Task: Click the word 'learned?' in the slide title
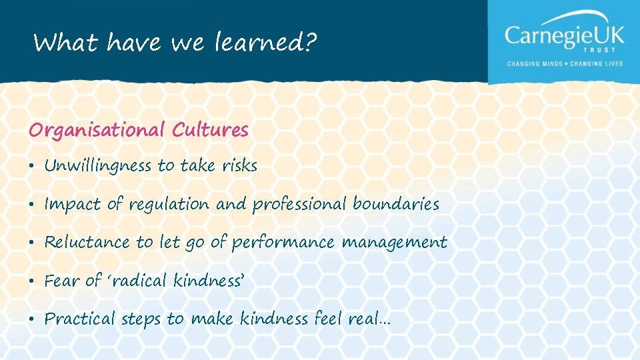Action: pos(266,44)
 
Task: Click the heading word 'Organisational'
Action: pos(97,130)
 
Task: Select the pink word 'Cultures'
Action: pos(210,129)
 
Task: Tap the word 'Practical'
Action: pos(79,319)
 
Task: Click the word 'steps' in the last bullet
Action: pos(141,320)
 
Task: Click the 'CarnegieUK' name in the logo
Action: pos(564,35)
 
